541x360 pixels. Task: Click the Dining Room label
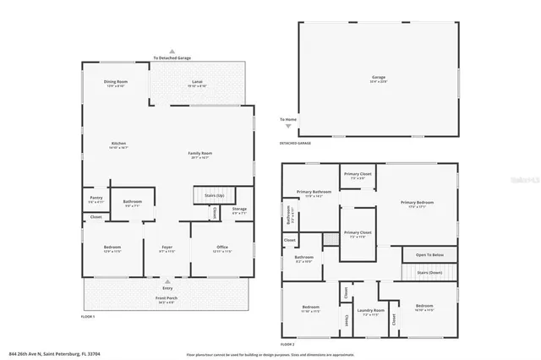115,82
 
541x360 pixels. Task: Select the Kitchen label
118,144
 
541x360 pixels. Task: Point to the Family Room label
199,153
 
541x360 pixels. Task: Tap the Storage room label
240,209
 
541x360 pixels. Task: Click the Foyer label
167,248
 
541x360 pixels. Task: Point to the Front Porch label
167,298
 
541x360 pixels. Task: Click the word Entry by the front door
167,288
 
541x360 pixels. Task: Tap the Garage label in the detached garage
379,77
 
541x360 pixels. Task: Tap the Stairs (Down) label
429,272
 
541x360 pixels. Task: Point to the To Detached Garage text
172,57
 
